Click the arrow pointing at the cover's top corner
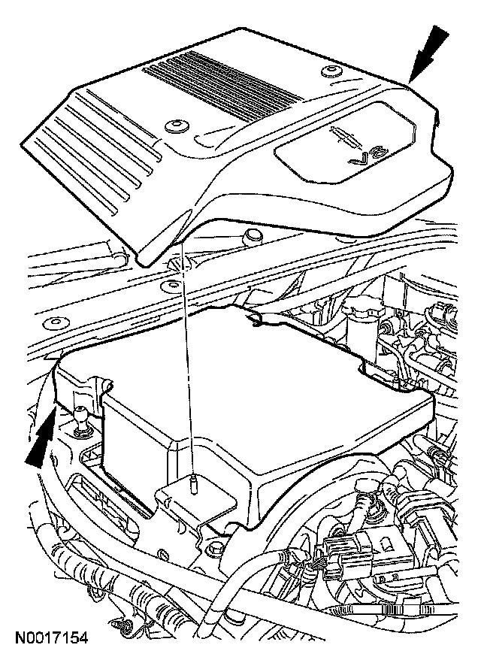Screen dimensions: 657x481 (431, 51)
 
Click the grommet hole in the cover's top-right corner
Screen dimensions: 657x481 (329, 72)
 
